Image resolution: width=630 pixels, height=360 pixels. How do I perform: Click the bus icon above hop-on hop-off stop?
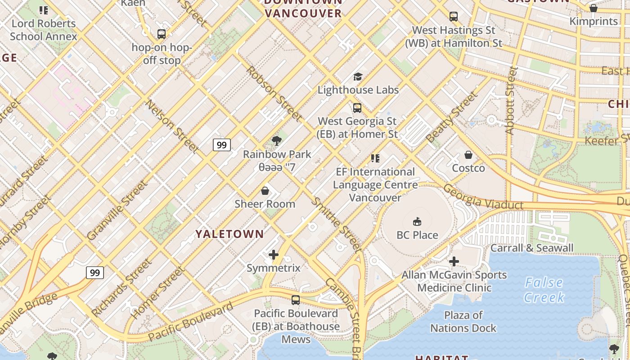click(161, 34)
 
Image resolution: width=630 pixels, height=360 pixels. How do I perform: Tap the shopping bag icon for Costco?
click(468, 155)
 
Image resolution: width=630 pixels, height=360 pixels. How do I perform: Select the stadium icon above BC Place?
click(417, 221)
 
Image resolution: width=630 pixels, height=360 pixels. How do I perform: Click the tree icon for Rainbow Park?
click(277, 141)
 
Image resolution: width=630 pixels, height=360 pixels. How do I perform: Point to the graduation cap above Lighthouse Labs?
click(358, 76)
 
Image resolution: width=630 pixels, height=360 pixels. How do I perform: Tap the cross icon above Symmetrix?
click(273, 255)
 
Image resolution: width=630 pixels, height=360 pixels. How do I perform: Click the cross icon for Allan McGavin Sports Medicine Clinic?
click(454, 261)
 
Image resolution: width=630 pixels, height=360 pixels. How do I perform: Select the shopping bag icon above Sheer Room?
click(265, 191)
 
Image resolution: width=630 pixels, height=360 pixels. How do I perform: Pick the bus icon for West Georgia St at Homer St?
click(357, 108)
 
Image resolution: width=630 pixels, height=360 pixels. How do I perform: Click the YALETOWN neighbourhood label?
click(229, 234)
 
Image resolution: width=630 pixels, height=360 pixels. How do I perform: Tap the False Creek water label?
click(544, 290)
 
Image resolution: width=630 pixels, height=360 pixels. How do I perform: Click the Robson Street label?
click(274, 94)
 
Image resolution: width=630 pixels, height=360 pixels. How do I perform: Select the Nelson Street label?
click(172, 126)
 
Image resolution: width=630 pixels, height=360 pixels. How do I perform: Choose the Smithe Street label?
click(337, 224)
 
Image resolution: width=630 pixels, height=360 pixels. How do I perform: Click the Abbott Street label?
click(510, 100)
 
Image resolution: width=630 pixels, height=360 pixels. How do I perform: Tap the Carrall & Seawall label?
click(532, 248)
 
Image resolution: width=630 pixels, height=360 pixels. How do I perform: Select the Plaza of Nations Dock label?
click(463, 321)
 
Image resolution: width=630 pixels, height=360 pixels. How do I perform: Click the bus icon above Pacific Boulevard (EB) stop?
click(296, 300)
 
